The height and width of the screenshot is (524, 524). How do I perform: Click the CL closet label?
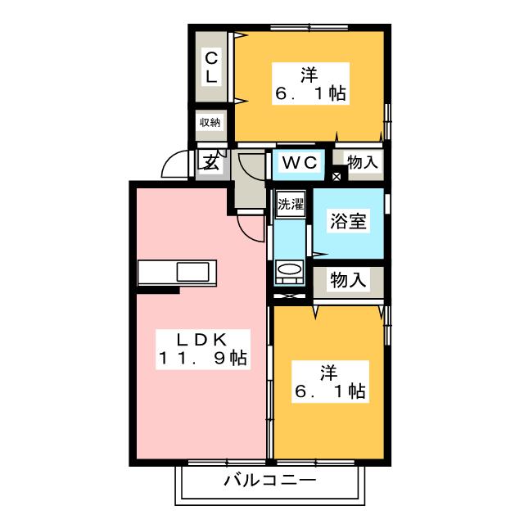click(211, 67)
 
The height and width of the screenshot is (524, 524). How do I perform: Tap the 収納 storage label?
click(210, 123)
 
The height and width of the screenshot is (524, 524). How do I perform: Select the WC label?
click(300, 162)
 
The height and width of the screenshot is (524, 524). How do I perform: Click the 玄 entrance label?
click(211, 162)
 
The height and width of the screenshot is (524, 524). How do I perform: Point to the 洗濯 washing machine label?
click(291, 204)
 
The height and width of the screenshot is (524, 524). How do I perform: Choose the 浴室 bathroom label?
click(348, 221)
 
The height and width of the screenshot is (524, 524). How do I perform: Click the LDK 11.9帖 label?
click(203, 350)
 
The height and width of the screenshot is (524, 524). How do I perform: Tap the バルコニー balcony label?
click(270, 481)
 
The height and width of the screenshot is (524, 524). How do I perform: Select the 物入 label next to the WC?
click(363, 162)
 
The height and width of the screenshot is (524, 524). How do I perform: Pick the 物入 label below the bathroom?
click(348, 280)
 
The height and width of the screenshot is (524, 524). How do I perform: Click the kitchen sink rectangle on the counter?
click(193, 272)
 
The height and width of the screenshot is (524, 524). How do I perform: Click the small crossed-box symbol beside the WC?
click(337, 177)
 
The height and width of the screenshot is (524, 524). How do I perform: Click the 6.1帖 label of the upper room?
click(310, 93)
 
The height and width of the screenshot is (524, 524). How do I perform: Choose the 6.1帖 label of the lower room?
click(330, 391)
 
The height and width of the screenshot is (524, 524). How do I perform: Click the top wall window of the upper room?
click(309, 27)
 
